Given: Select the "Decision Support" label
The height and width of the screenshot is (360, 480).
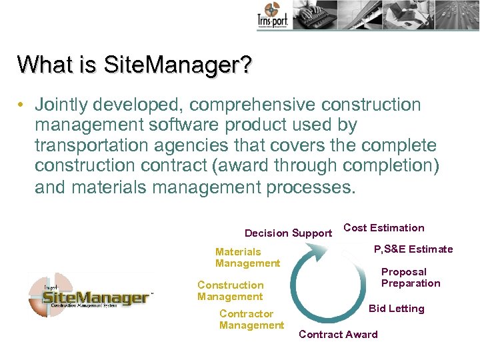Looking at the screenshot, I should point(288,233).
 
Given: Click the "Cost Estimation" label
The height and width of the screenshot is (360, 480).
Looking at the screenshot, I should point(383,228).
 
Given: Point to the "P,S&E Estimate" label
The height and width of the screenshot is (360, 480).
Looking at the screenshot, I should point(413,249).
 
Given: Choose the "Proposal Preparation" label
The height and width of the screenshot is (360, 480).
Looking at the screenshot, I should point(410,277).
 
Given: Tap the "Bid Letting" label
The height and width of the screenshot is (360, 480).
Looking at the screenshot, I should point(396,309).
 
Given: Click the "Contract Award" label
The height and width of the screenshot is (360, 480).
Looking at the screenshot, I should point(338,335).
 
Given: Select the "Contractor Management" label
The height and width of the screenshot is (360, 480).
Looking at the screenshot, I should point(251,319).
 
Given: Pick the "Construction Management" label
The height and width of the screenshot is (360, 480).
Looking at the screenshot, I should point(230,291).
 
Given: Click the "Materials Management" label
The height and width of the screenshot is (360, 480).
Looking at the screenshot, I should point(247,257).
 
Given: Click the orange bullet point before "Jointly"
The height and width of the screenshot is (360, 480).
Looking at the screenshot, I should point(22,105).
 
